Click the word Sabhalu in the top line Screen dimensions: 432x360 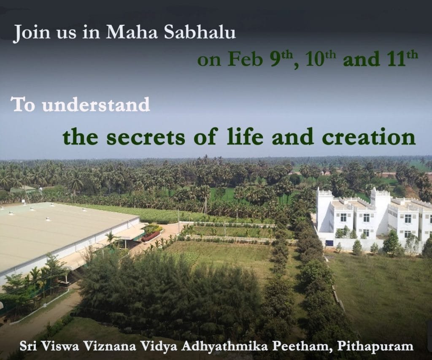[200, 32]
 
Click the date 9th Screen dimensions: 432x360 [281, 59]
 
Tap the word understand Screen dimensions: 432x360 [96, 105]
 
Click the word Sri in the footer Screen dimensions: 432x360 [27, 346]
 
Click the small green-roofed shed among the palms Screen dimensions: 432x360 [24, 189]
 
